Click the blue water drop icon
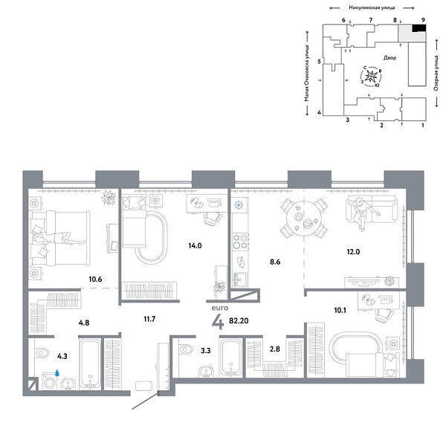58,369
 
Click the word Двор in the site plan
390,57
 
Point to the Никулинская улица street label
369,6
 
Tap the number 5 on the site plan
318,62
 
